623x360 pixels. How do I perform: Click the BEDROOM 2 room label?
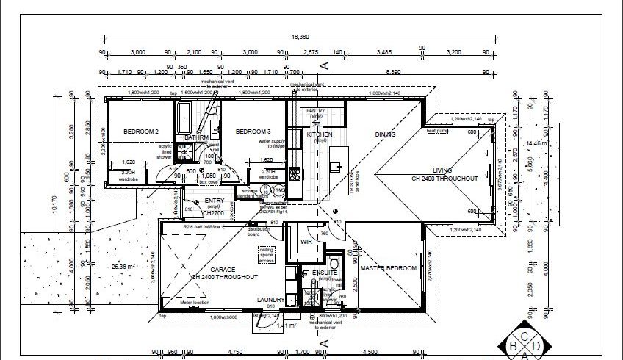[x=141, y=132]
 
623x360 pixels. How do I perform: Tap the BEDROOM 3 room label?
[x=253, y=132]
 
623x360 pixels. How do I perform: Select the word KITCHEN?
[x=320, y=135]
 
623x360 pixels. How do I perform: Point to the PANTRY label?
[x=317, y=110]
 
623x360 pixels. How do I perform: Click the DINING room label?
[x=385, y=135]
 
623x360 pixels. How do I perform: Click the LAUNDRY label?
[x=271, y=300]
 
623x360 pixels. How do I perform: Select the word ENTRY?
[x=215, y=201]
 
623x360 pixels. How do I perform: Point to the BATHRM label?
[x=197, y=137]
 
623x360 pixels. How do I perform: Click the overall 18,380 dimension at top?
[x=299, y=36]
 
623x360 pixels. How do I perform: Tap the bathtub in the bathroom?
[x=184, y=115]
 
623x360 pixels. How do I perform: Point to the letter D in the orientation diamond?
[x=536, y=345]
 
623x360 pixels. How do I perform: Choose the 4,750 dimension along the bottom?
[x=216, y=352]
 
